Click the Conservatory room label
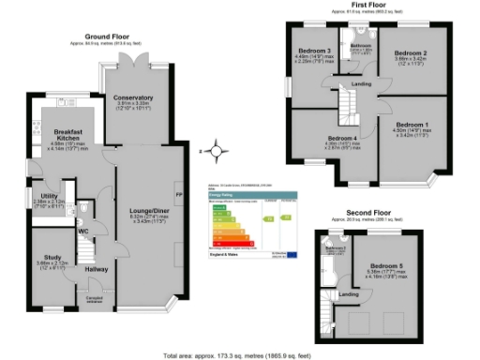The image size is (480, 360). point(133,97)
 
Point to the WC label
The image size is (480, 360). point(83,230)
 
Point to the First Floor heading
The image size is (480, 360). point(370,5)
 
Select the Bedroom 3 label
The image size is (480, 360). point(315,51)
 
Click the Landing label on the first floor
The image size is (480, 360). point(361,85)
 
